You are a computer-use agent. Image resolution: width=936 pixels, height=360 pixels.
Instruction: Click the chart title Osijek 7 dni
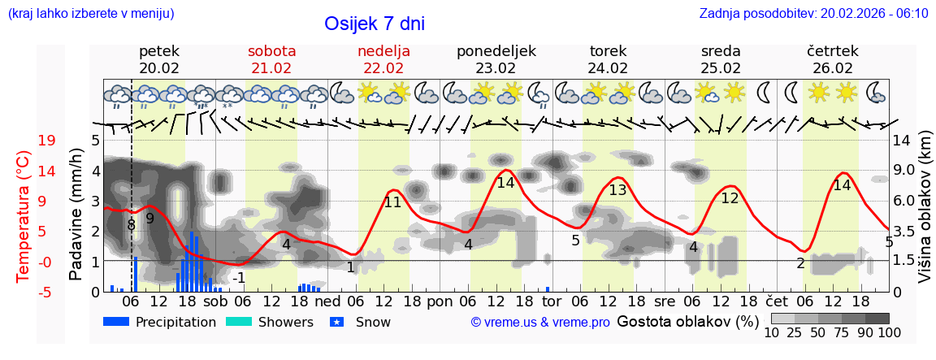pyautogui.click(x=375, y=24)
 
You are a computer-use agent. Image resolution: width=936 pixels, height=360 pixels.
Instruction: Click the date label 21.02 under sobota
pyautogui.click(x=271, y=68)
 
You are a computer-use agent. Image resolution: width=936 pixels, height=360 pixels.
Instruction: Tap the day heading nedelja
pyautogui.click(x=383, y=51)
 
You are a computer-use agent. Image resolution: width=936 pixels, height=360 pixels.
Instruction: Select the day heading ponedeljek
pyautogui.click(x=496, y=51)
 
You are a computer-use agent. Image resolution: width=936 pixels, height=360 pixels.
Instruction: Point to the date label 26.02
pyautogui.click(x=833, y=68)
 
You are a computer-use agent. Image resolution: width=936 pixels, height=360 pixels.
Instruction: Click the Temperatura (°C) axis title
pyautogui.click(x=24, y=216)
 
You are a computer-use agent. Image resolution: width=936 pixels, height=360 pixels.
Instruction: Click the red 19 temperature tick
pyautogui.click(x=46, y=141)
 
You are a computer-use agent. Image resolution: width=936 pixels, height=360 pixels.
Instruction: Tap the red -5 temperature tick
pyautogui.click(x=46, y=292)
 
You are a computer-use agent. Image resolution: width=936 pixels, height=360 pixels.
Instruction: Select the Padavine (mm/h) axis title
pyautogui.click(x=76, y=216)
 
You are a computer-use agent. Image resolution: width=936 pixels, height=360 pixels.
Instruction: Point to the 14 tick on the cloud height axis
pyautogui.click(x=902, y=141)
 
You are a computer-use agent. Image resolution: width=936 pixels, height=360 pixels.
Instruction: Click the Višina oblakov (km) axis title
pyautogui.click(x=925, y=216)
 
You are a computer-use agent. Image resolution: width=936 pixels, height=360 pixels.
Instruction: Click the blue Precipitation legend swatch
pyautogui.click(x=117, y=322)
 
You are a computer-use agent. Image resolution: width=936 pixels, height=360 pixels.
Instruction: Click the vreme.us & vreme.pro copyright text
pyautogui.click(x=540, y=323)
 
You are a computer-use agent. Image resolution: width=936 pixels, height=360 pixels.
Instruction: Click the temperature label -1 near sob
pyautogui.click(x=238, y=278)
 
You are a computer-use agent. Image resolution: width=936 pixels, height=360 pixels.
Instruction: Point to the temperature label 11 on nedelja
pyautogui.click(x=392, y=202)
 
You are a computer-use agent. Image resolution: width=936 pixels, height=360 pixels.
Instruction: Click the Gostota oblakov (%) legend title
pyautogui.click(x=687, y=322)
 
